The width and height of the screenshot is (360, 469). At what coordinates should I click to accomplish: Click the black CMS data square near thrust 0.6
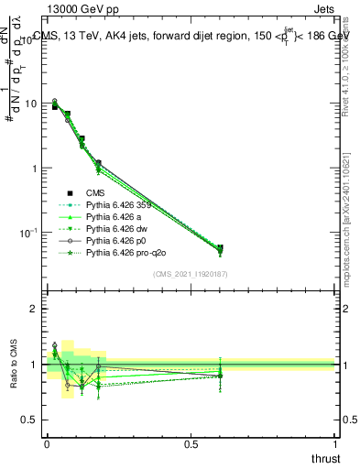[219, 248]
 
